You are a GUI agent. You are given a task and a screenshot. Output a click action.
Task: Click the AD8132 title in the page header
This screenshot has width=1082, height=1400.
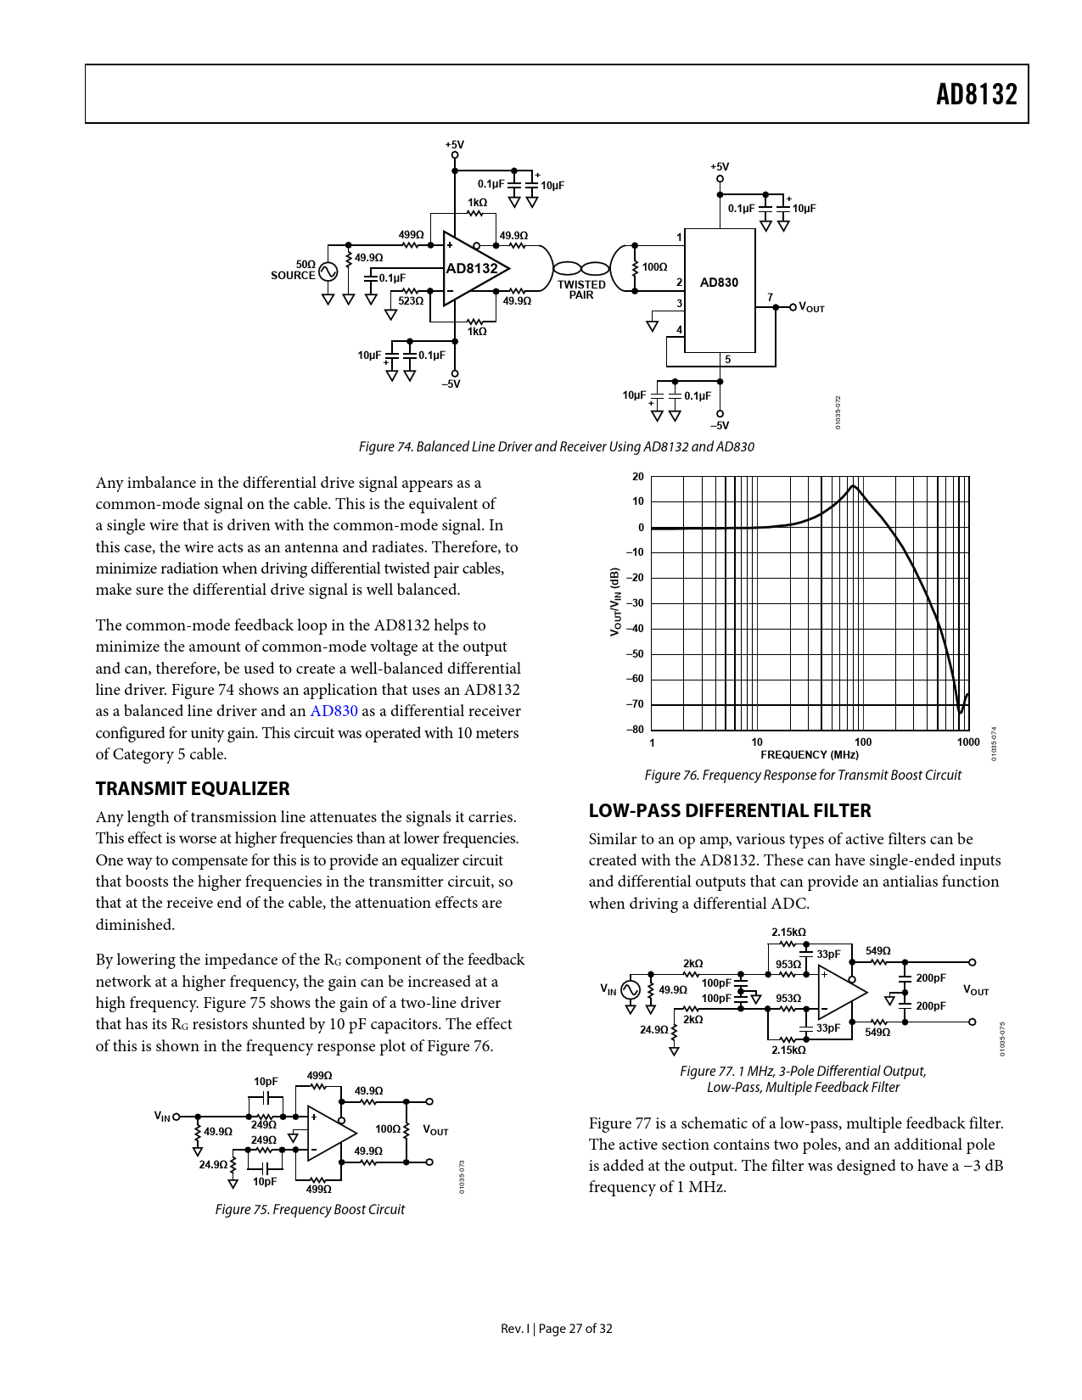pos(976,94)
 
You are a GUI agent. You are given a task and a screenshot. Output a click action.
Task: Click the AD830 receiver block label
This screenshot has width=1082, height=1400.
pos(719,283)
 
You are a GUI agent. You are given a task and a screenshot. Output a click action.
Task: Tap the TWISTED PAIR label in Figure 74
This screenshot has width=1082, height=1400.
pos(581,290)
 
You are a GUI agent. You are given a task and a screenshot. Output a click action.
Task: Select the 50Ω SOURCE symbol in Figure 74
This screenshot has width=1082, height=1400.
pos(328,272)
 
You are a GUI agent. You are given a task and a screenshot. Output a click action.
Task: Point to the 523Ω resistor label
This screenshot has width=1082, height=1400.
pos(411,301)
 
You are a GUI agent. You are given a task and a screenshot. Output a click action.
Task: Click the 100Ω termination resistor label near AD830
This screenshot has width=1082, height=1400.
pos(654,267)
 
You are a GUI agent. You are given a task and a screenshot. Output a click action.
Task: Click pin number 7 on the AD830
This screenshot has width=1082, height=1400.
pos(771,298)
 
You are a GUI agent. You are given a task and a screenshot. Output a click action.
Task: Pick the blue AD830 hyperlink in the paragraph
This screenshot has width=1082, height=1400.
pos(334,712)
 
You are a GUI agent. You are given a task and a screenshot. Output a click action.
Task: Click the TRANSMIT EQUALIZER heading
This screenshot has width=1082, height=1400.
pos(193,789)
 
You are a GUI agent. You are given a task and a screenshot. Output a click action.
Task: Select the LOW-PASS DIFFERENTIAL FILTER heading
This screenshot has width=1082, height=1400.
pos(730,811)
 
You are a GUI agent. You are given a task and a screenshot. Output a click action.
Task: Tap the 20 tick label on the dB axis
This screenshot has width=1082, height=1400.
pos(638,477)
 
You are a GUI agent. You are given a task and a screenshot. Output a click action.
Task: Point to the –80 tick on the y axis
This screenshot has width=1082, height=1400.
pos(635,730)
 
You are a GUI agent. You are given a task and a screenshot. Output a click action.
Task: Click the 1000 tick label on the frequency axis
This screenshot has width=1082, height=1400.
pos(968,742)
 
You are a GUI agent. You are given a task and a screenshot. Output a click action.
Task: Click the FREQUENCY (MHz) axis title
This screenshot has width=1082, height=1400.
pos(810,755)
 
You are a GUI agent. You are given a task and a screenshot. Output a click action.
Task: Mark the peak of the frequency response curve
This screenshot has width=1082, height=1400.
pos(854,485)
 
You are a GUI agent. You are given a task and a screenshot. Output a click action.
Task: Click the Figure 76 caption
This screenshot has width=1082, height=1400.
pos(803,776)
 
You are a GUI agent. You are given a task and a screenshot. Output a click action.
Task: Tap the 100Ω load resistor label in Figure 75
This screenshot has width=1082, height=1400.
pos(388,1129)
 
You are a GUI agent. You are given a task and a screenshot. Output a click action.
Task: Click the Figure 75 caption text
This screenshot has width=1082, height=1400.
pos(310,1210)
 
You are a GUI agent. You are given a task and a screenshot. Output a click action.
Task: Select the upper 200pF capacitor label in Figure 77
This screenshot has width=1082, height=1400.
pos(930,978)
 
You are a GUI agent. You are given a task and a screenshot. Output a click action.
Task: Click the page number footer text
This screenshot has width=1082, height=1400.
pos(557,1329)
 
